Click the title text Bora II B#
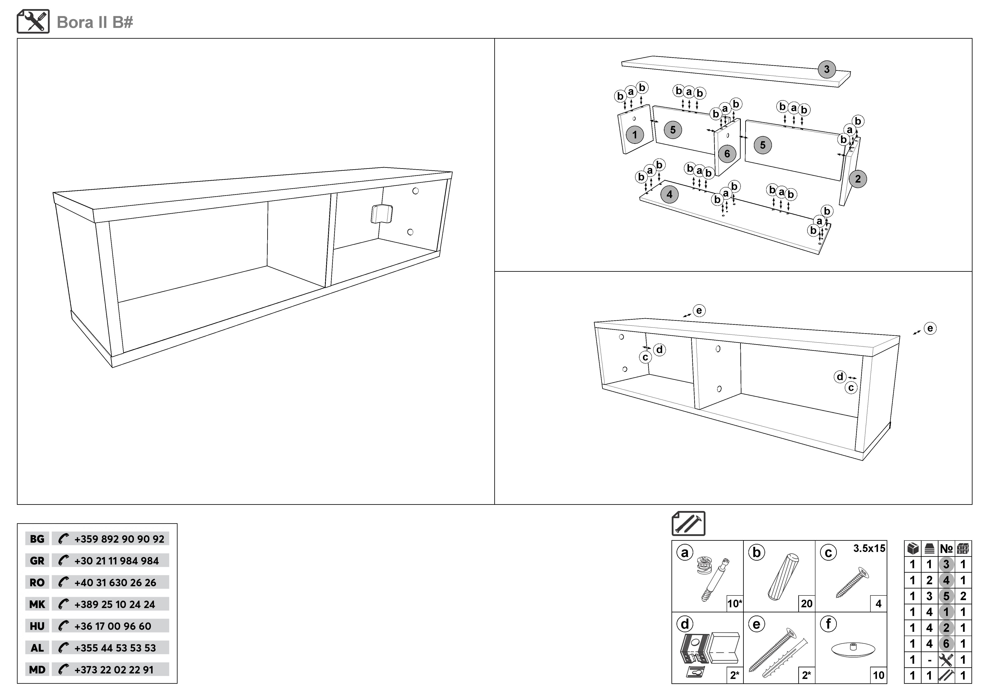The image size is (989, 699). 95,22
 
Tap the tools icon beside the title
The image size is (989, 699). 33,22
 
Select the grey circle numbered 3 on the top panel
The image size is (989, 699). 827,69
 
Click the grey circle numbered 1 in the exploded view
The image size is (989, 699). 634,135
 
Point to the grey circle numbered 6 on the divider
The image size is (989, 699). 727,154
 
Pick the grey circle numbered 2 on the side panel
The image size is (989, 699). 858,179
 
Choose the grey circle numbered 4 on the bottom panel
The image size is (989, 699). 669,195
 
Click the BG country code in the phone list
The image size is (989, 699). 37,539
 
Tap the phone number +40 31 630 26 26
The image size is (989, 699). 115,582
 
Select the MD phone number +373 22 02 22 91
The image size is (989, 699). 114,670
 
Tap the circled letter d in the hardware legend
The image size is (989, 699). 685,624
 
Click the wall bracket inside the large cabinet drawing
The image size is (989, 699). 382,214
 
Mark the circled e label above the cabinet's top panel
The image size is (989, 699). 699,310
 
